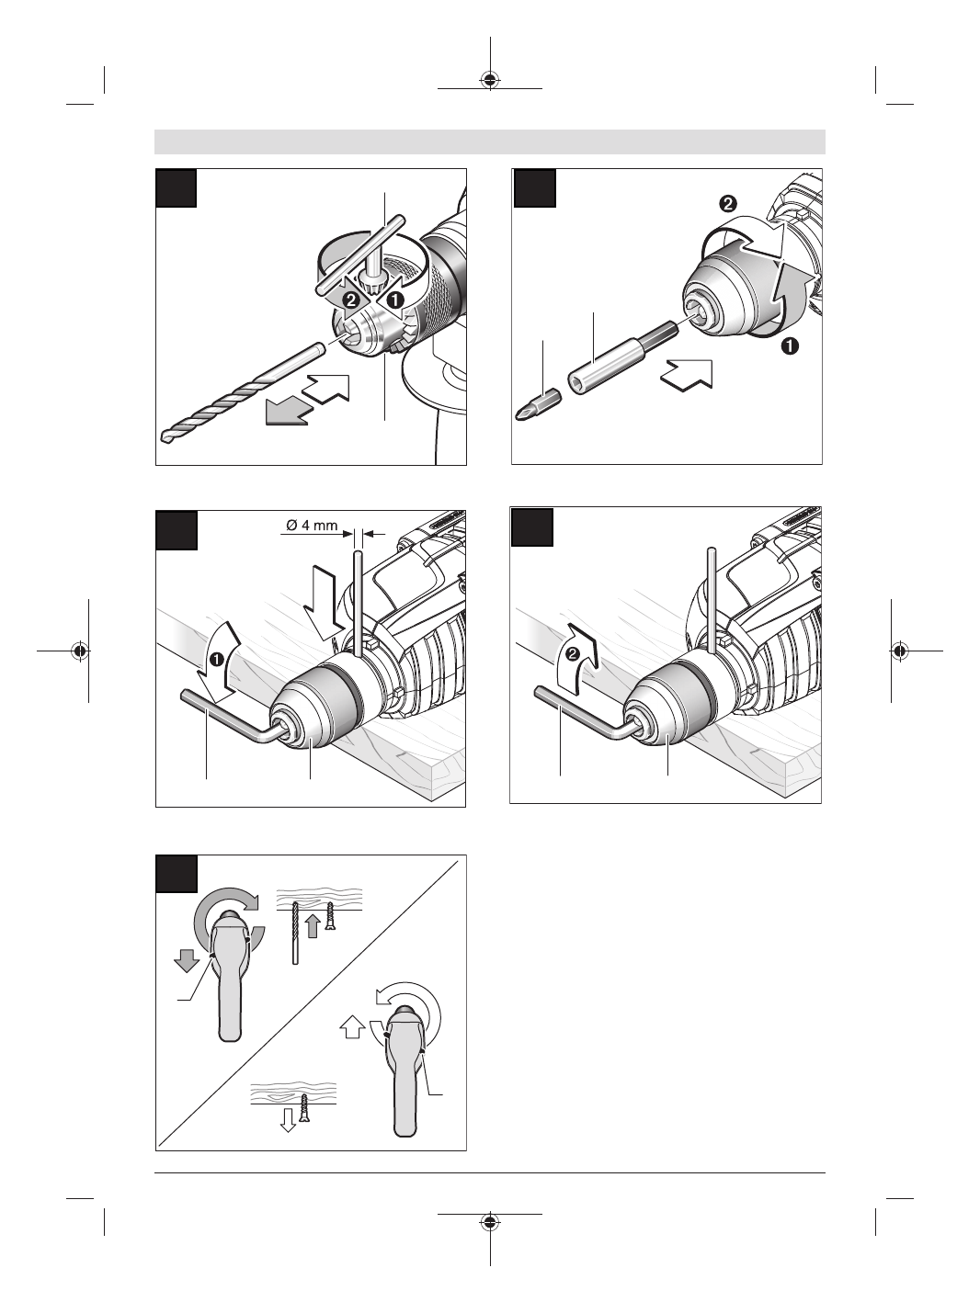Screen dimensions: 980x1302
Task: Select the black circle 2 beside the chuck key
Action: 349,300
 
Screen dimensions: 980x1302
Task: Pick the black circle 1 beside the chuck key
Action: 393,299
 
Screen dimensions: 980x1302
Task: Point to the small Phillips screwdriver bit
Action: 543,402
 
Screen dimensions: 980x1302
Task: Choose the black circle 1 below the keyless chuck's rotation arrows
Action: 789,347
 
